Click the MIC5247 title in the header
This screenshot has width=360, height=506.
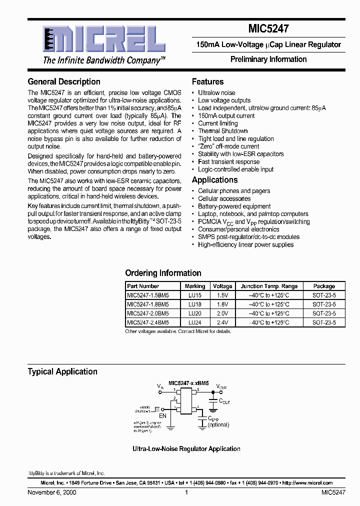pyautogui.click(x=268, y=29)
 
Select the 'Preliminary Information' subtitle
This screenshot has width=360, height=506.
pyautogui.click(x=268, y=59)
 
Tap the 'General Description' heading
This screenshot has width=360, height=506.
pyautogui.click(x=64, y=81)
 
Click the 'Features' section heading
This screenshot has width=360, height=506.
pyautogui.click(x=207, y=81)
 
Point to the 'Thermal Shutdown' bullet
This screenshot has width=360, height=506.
pyautogui.click(x=222, y=131)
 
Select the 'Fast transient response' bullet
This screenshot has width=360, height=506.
pyautogui.click(x=229, y=161)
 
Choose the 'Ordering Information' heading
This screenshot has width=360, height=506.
pyautogui.click(x=163, y=273)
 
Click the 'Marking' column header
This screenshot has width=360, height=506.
pyautogui.click(x=194, y=286)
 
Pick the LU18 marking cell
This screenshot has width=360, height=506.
pyautogui.click(x=194, y=304)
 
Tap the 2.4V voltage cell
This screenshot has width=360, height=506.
pyautogui.click(x=222, y=322)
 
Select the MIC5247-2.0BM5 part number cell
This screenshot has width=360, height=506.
pyautogui.click(x=148, y=313)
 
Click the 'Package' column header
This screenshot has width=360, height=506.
pyautogui.click(x=324, y=286)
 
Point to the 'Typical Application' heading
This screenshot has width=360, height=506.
pyautogui.click(x=62, y=371)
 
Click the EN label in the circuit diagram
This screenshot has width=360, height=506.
pyautogui.click(x=162, y=415)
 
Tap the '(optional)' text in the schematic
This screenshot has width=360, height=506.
pyautogui.click(x=218, y=424)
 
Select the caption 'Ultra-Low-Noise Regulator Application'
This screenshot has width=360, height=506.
pyautogui.click(x=186, y=449)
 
